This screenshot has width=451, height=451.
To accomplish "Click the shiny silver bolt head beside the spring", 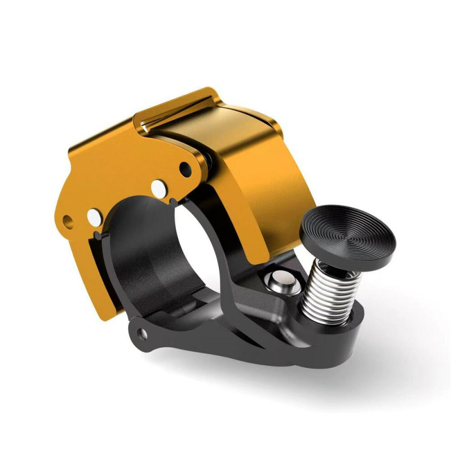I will (282, 280).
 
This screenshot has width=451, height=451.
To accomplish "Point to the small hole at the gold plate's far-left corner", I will (68, 220).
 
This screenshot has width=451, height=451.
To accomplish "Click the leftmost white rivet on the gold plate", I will (92, 215).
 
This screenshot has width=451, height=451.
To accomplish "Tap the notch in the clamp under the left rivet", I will (100, 232).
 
